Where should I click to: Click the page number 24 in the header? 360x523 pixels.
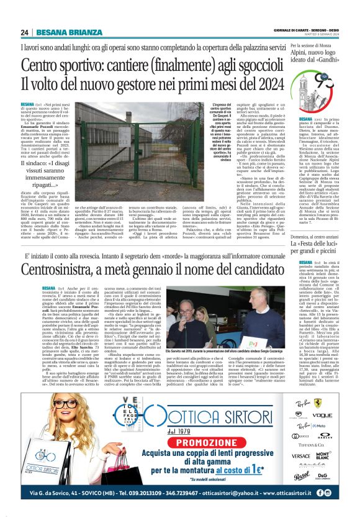(x=24, y=32)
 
